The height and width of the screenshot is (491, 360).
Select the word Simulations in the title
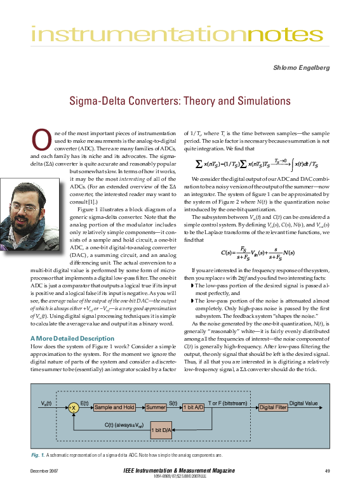[x=257, y=100]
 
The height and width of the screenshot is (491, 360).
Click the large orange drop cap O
[x=39, y=141]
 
